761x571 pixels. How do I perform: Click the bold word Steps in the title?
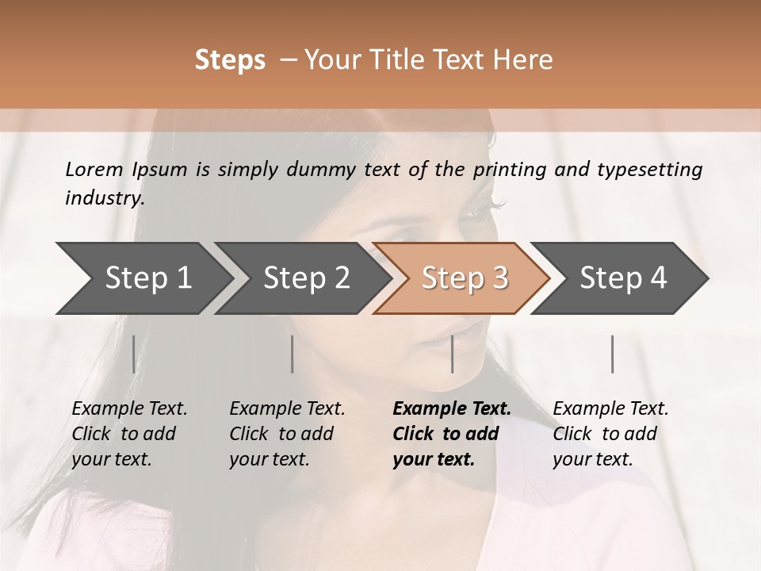[230, 60]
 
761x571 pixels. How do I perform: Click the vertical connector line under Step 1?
[134, 354]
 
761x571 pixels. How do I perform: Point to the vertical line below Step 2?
[293, 354]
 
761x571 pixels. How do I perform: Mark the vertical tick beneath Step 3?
[453, 354]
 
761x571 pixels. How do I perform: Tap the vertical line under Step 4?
[613, 354]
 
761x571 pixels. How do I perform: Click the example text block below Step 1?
[129, 434]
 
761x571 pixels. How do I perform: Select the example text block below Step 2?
[287, 434]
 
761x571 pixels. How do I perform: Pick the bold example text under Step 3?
[452, 434]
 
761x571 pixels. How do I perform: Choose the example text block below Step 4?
[610, 434]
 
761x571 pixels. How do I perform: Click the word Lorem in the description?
[94, 170]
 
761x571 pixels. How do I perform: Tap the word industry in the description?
[104, 198]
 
